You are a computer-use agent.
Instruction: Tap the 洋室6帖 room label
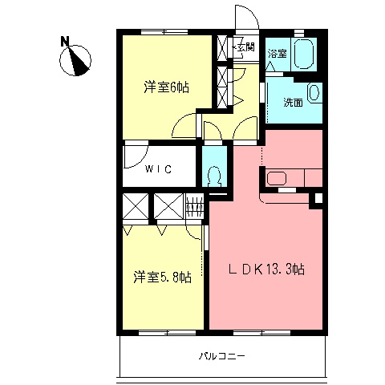(x=166, y=87)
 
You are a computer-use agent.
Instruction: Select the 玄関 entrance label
(x=244, y=47)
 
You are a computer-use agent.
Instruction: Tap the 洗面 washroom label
(x=292, y=102)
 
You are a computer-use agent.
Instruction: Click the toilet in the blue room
(x=214, y=174)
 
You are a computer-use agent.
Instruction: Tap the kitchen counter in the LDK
(x=293, y=177)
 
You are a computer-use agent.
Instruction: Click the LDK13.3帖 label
(x=264, y=270)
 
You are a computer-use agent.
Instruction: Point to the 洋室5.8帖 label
(x=162, y=278)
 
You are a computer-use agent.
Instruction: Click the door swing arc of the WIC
(x=136, y=155)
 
